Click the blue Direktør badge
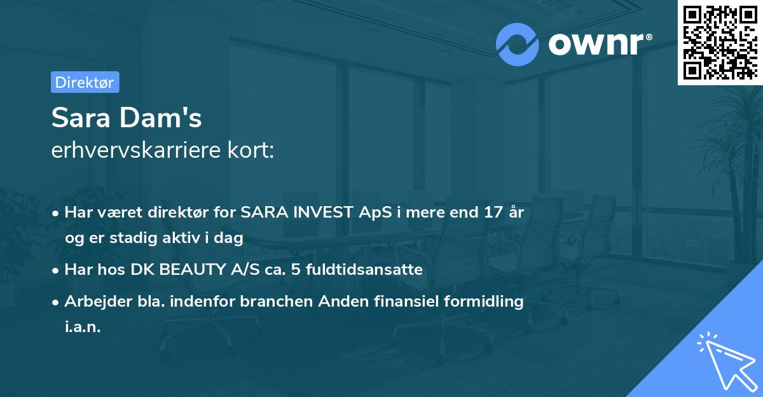pos(85,82)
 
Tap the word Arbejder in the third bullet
pos(93,302)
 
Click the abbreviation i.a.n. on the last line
pos(82,327)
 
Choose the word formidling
pos(485,302)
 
